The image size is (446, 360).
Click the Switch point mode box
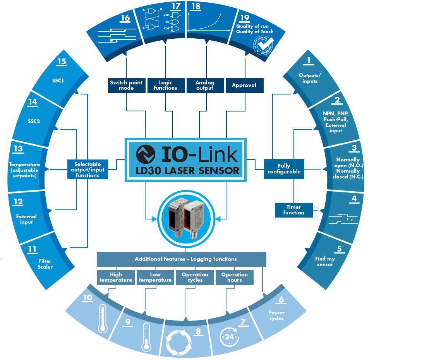[x=126, y=85]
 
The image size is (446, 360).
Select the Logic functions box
[x=166, y=85]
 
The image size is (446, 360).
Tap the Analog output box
[x=205, y=85]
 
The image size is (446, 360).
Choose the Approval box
[x=244, y=85]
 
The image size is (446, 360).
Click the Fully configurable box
[x=284, y=169]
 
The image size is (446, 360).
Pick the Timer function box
[x=293, y=210]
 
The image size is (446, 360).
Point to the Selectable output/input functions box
[x=87, y=170]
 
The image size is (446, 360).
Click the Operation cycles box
[x=195, y=277]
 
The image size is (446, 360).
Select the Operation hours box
[x=234, y=277]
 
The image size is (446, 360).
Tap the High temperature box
[x=115, y=277]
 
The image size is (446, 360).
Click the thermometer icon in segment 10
[x=102, y=318]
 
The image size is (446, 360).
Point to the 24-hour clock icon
[x=228, y=336]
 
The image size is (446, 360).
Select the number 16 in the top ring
[x=125, y=18]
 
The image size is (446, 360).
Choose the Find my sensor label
[x=325, y=261]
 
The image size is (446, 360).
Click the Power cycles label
[x=276, y=315]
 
